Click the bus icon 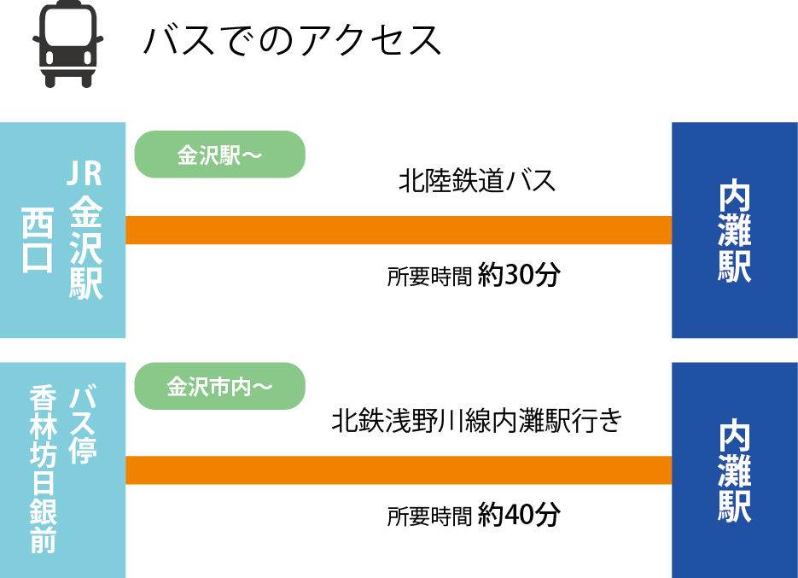coord(68,44)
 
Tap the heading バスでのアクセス coord(293,40)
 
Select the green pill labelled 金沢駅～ coord(219,155)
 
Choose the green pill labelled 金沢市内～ coord(219,386)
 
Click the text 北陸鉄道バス coord(477,181)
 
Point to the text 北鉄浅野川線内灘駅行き coord(477,421)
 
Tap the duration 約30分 coord(519,276)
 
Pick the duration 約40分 coord(519,515)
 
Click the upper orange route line coord(399,231)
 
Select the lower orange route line coord(399,470)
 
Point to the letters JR coord(84,175)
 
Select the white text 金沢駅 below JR coord(85,248)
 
